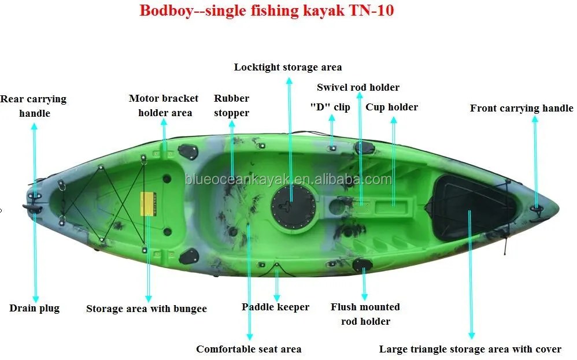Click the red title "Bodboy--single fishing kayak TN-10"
(267, 10)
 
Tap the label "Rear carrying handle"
(34, 106)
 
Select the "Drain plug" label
(34, 308)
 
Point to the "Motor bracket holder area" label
(164, 105)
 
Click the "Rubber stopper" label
(231, 105)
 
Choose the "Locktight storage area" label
(288, 67)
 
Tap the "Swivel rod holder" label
(358, 87)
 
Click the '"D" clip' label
(330, 107)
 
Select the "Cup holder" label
(391, 107)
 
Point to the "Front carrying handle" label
(521, 108)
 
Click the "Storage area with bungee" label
(146, 309)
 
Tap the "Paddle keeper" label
(275, 307)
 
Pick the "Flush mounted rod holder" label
(365, 314)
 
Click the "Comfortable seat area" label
(249, 348)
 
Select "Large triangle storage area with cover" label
(470, 349)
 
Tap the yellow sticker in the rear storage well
(147, 203)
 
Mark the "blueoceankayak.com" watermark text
(288, 180)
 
